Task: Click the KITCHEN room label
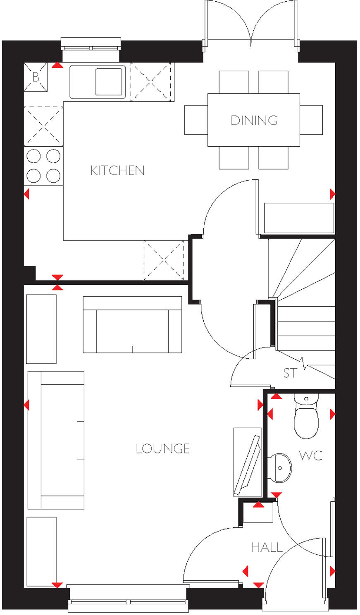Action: coord(117,170)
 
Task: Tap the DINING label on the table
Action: coord(254,120)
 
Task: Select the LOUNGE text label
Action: coord(163,448)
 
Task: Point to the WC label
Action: coord(310,455)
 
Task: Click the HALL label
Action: coord(267,548)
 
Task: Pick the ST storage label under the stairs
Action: coord(290,373)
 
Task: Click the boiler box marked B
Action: coord(36,77)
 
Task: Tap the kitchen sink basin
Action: coord(109,81)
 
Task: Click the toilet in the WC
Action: coord(306,417)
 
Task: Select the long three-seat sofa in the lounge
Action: coord(56,440)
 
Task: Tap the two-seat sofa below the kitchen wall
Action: coord(132,325)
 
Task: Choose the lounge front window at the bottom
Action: coord(128,600)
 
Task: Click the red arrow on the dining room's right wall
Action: coord(332,194)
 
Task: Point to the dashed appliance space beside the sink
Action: coord(152,81)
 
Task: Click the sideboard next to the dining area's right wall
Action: coord(299,218)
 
